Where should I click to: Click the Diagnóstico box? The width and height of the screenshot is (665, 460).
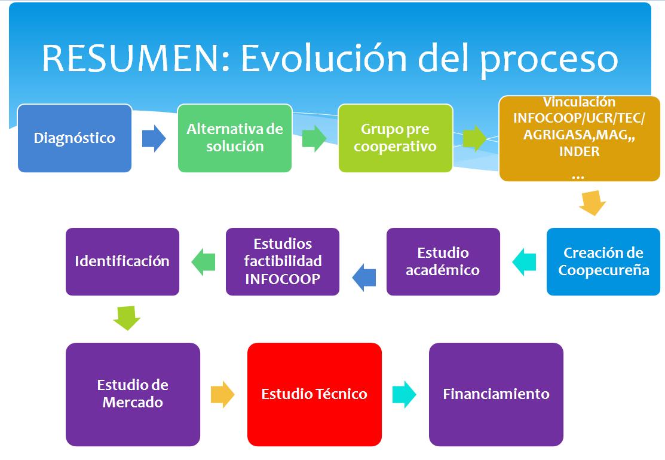[x=75, y=138]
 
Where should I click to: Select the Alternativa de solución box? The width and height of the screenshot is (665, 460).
[x=235, y=138]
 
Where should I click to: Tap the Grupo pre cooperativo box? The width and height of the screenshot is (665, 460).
[x=396, y=138]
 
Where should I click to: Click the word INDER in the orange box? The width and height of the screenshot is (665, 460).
[x=580, y=151]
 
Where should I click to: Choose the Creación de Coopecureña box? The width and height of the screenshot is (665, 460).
[x=603, y=261]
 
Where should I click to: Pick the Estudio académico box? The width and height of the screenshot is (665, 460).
[x=443, y=261]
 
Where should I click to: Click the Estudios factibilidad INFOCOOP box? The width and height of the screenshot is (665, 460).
[x=283, y=261]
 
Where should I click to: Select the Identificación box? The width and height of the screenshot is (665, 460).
[x=122, y=261]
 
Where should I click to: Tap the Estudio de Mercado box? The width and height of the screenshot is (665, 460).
[x=133, y=394]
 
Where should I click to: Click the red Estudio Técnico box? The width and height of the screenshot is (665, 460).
[x=314, y=394]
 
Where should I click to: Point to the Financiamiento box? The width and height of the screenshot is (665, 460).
[x=496, y=394]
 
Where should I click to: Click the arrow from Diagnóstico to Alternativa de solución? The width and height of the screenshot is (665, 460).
[x=154, y=138]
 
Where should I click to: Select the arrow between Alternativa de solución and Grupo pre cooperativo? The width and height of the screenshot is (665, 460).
[x=314, y=138]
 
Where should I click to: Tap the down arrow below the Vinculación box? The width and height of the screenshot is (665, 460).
[x=593, y=203]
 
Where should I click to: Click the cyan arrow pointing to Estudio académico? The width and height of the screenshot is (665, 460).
[x=524, y=261]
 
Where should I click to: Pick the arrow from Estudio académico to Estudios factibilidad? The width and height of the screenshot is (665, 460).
[x=364, y=278]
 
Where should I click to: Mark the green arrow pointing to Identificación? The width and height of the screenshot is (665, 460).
[x=204, y=261]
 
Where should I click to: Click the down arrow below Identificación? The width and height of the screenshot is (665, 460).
[x=127, y=318]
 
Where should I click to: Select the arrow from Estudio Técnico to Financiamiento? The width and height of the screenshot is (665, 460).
[x=404, y=394]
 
